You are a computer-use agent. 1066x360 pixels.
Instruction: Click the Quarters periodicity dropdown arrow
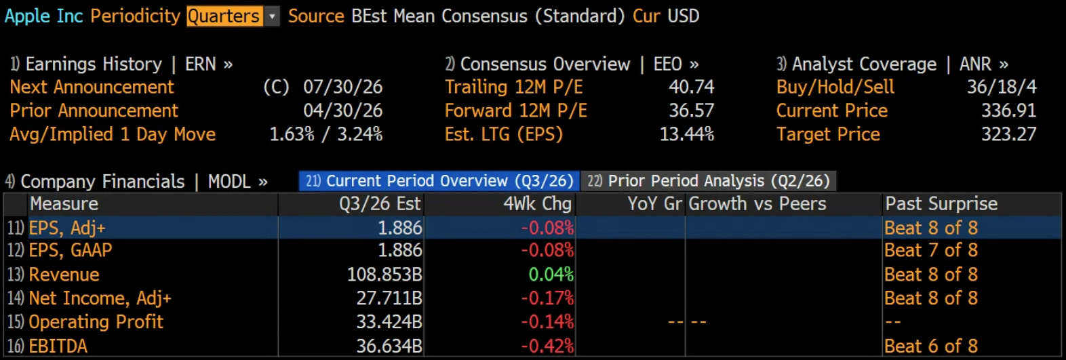tap(272, 16)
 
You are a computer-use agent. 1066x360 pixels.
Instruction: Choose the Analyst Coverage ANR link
tap(892, 64)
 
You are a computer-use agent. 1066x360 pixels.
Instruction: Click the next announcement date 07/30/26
tap(342, 87)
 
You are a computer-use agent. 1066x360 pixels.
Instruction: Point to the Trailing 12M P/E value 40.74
tap(692, 87)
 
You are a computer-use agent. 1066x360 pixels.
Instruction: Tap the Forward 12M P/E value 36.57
tap(692, 111)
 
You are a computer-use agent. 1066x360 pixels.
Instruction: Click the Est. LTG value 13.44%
tap(687, 135)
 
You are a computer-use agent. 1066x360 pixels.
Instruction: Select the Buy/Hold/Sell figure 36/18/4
tap(1002, 87)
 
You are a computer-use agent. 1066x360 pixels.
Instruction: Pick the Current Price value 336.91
tap(1009, 111)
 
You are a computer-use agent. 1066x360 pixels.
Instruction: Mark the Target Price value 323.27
tap(1009, 135)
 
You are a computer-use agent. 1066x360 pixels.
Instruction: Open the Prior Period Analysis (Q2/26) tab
tap(709, 181)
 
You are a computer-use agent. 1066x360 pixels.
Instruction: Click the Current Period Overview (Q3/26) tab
tap(439, 181)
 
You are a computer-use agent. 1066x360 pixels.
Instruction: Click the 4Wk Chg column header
tap(537, 204)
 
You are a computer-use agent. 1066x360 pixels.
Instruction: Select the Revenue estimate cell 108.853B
tap(384, 275)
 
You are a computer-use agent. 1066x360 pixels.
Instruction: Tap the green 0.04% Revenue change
tap(551, 275)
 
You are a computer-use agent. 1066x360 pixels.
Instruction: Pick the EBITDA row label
tap(58, 346)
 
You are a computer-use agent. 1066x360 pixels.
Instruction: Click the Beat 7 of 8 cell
tap(931, 251)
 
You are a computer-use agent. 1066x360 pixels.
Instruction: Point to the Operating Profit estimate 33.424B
tap(389, 323)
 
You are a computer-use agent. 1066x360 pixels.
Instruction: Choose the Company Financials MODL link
tap(136, 182)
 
